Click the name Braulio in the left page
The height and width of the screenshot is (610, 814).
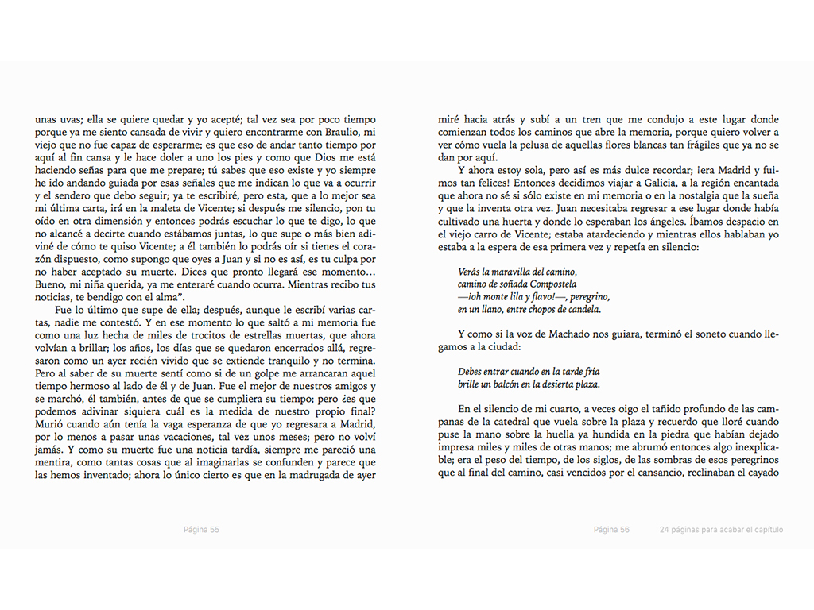344,132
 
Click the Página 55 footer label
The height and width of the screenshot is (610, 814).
201,530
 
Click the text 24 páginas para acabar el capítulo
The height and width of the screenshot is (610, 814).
721,530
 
